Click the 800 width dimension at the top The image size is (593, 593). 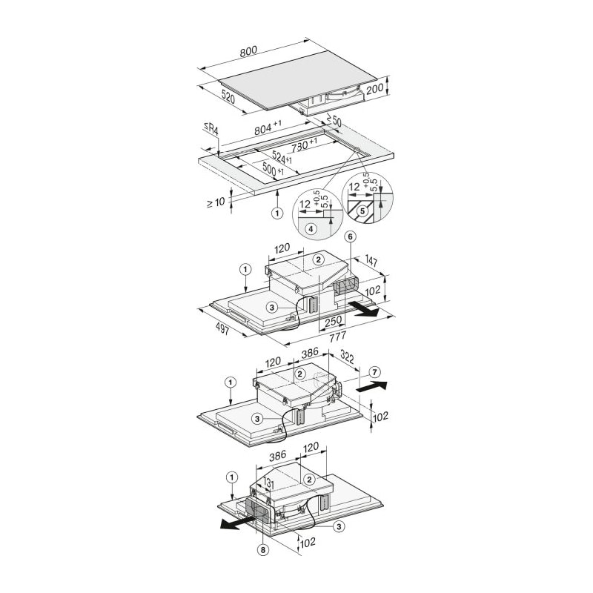point(248,51)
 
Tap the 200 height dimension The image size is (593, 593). point(375,89)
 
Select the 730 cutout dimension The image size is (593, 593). point(305,145)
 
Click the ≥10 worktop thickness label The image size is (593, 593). point(216,202)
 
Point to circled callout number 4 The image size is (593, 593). point(311,229)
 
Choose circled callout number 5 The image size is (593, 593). point(362,211)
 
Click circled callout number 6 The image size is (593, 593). point(350,237)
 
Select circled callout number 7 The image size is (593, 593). point(374,373)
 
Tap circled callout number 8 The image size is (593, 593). point(262,550)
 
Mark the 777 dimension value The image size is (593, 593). point(337,336)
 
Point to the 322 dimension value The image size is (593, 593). point(347,357)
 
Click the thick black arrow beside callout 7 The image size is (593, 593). point(372,387)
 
